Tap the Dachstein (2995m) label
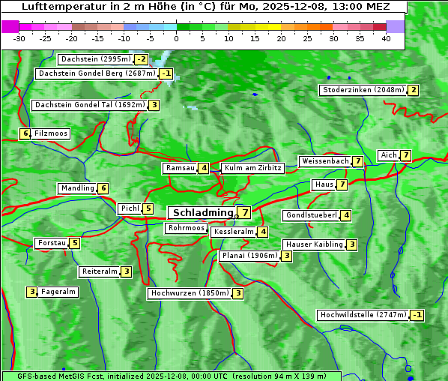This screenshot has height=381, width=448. (x=95, y=58)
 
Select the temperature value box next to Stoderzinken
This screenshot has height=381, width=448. (x=413, y=90)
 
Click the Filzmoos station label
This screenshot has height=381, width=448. (x=50, y=133)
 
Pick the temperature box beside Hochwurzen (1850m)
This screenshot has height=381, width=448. (x=237, y=293)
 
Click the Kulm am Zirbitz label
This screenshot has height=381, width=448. (x=252, y=168)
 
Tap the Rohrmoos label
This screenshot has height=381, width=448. (x=187, y=228)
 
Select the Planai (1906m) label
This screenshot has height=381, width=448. (x=249, y=256)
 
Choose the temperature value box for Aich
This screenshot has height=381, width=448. (x=405, y=155)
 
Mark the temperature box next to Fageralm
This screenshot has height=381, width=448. (x=32, y=292)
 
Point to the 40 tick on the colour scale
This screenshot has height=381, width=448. (x=386, y=38)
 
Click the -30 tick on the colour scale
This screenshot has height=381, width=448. (x=19, y=38)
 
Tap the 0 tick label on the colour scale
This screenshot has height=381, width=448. (x=177, y=38)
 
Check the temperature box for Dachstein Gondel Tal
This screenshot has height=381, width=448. (x=154, y=105)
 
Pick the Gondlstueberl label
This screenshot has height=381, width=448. (x=311, y=215)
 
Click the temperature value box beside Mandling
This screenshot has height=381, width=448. (x=103, y=188)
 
